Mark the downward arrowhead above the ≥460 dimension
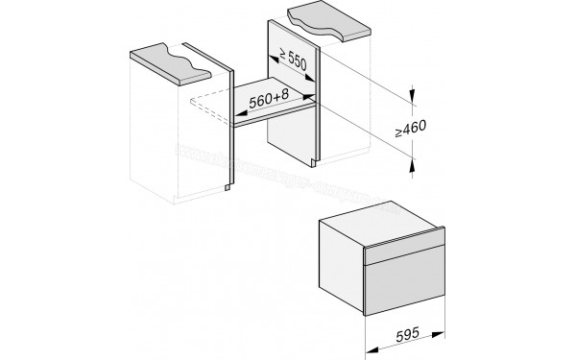(x=413, y=94)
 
